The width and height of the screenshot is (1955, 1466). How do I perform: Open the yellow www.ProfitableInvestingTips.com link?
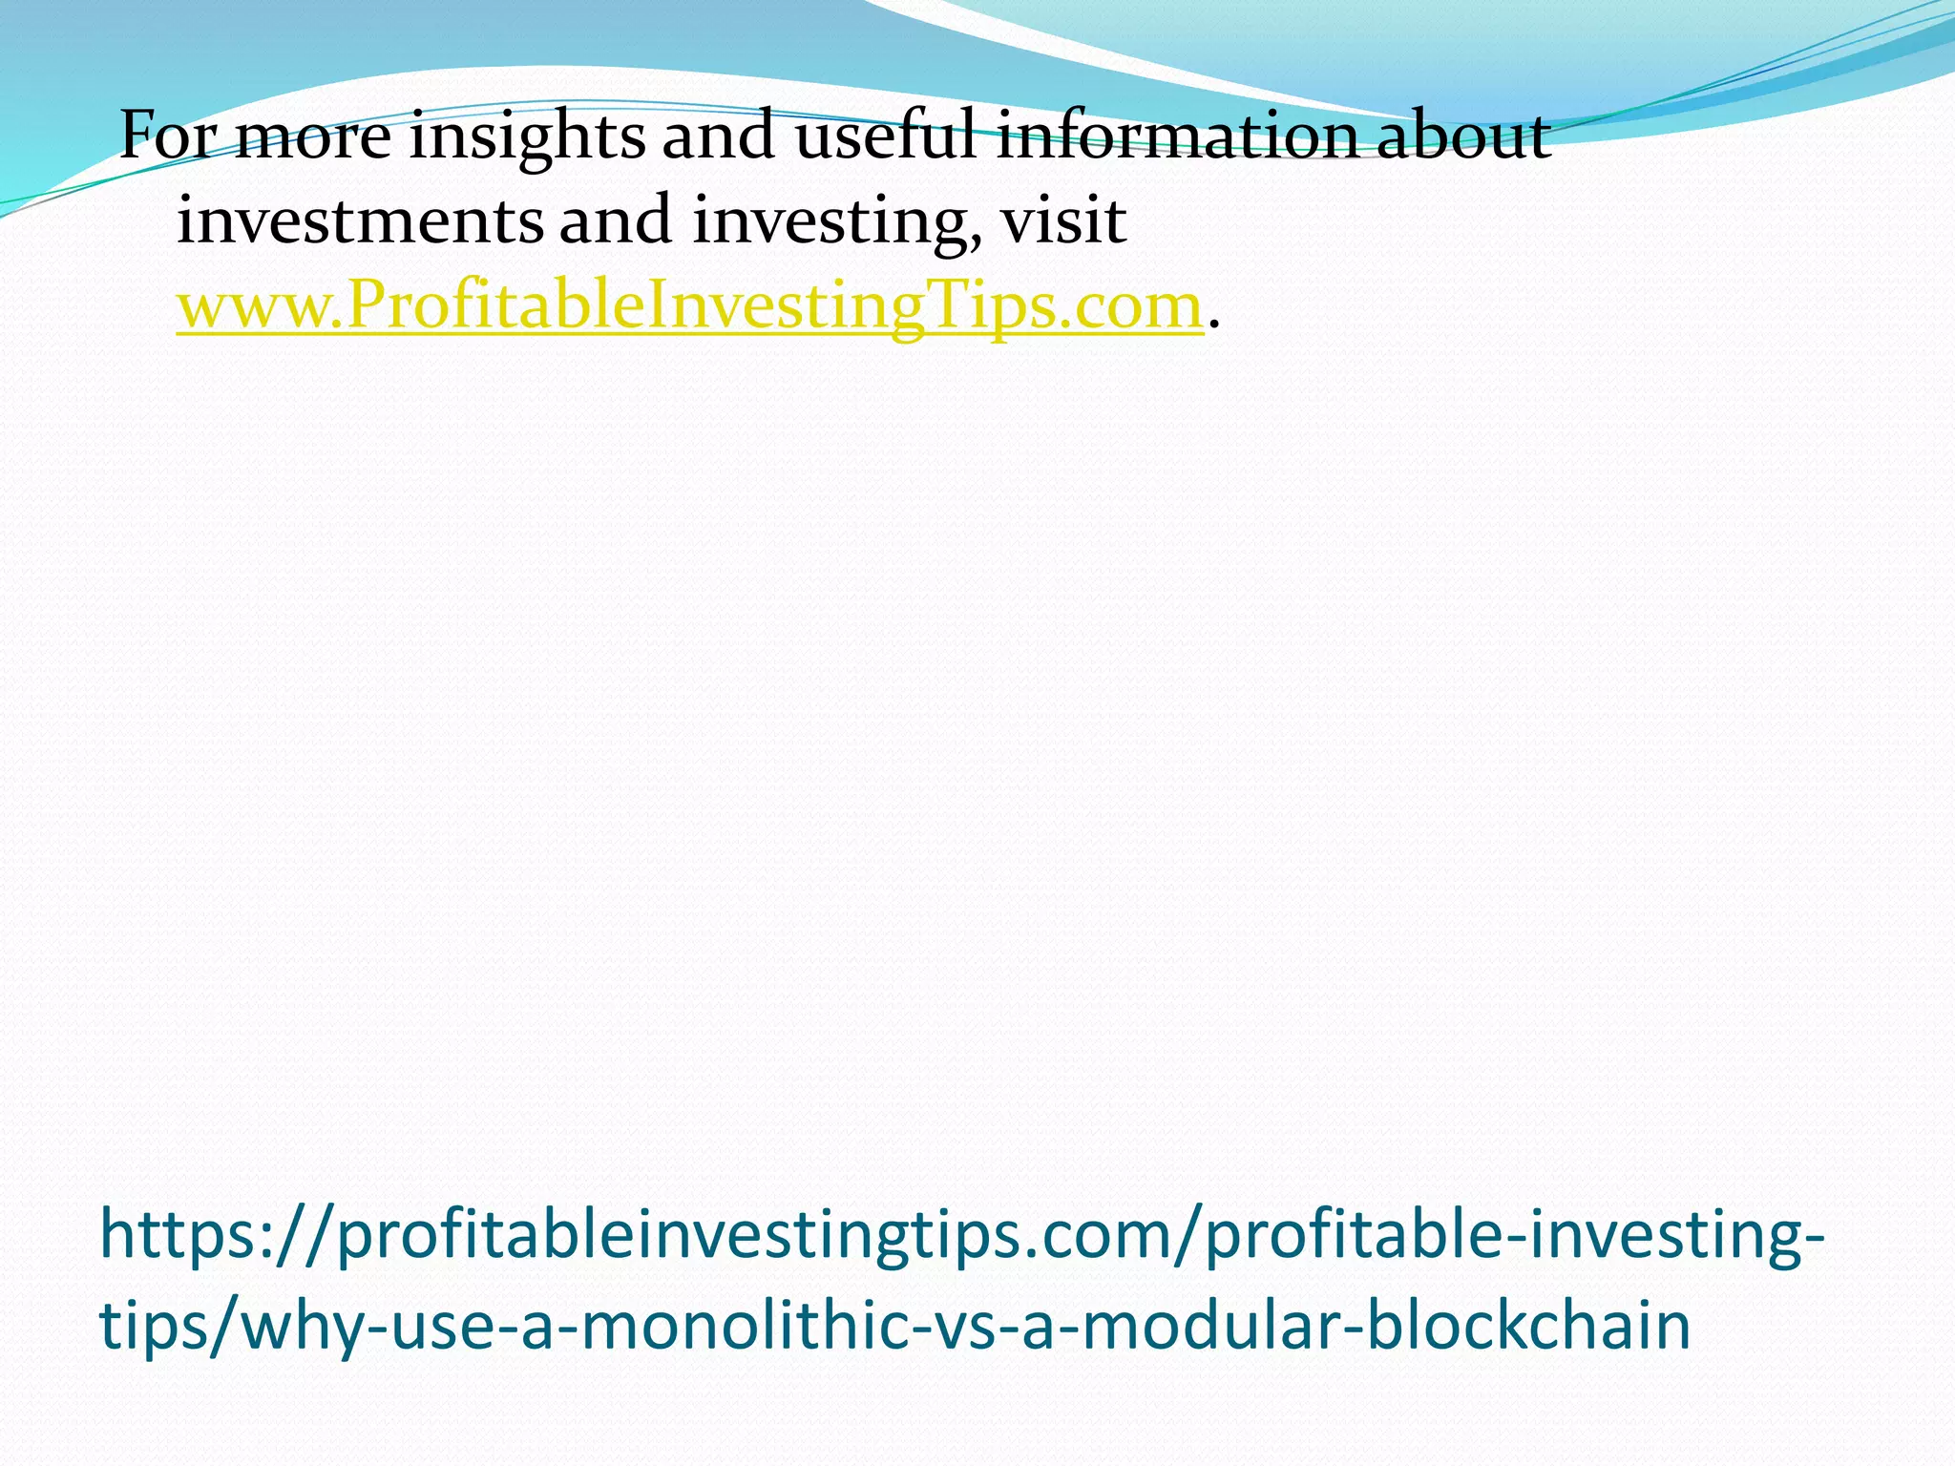click(x=689, y=306)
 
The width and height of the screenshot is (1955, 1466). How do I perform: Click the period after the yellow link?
click(x=1213, y=322)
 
